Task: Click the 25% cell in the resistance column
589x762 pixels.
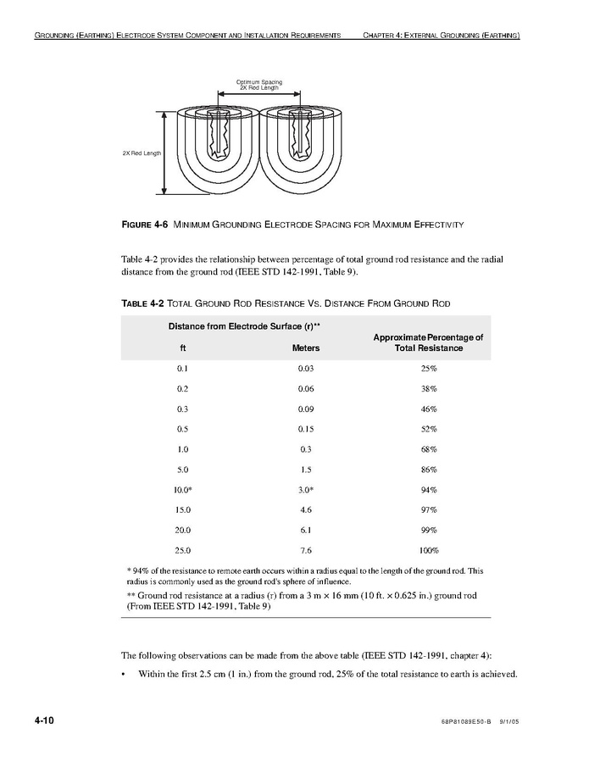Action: click(428, 369)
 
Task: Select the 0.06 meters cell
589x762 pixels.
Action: click(306, 389)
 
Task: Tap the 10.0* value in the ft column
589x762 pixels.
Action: click(183, 490)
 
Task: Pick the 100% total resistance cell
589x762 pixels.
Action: click(428, 550)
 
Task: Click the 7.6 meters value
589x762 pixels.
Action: click(306, 550)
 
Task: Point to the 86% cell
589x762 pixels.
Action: click(428, 470)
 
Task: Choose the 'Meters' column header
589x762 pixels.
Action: click(306, 348)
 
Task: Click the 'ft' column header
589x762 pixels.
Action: click(182, 348)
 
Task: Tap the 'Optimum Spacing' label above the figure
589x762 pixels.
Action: click(258, 82)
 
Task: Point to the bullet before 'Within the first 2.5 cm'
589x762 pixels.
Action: click(125, 675)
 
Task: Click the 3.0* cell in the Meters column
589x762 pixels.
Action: click(306, 490)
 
